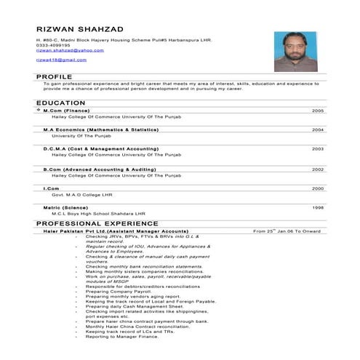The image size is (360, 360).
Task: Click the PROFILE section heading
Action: point(54,76)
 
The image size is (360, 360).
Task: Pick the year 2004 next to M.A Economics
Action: point(318,129)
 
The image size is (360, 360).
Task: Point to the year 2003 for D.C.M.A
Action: point(318,148)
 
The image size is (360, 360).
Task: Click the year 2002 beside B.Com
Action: point(318,169)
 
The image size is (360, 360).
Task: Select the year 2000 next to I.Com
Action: point(318,188)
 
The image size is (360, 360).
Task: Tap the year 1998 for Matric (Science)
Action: point(318,208)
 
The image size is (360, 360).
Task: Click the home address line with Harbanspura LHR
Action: point(123,39)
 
